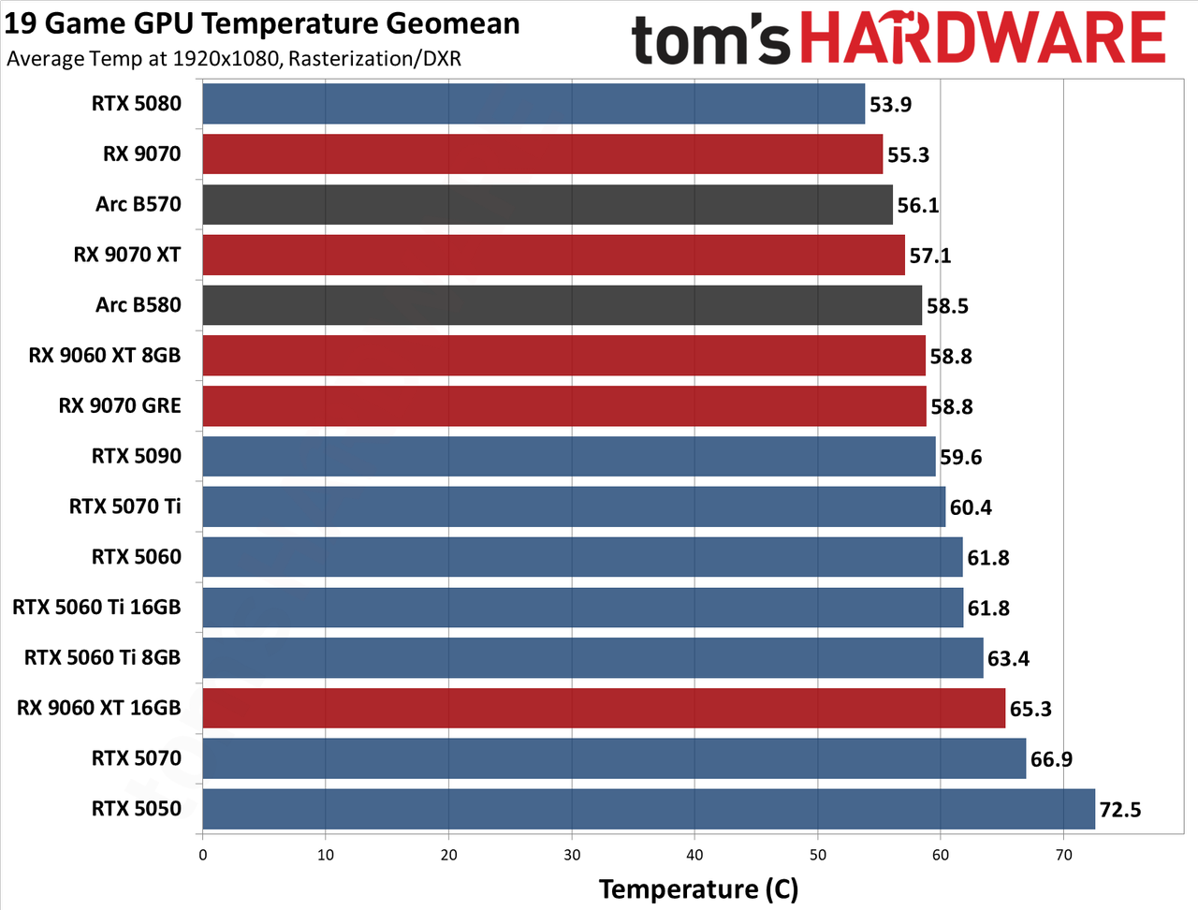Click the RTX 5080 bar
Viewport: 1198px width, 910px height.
pos(533,104)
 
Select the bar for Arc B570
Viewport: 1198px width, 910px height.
pos(548,205)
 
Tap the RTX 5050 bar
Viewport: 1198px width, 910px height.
pos(649,809)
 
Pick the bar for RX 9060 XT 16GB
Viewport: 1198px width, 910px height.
pos(604,708)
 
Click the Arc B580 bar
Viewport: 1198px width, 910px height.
pos(562,305)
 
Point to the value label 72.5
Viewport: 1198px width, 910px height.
pos(1120,810)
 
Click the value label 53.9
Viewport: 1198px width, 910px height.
pos(890,104)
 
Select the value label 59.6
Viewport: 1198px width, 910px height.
pos(960,457)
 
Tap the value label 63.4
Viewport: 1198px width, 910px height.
pos(1008,658)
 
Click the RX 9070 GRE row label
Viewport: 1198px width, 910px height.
pos(120,405)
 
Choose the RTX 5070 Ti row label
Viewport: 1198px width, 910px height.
pos(124,506)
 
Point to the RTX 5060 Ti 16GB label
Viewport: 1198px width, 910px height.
pos(96,607)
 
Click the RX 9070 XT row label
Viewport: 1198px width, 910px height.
pos(126,255)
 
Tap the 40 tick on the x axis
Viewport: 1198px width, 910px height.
pos(694,855)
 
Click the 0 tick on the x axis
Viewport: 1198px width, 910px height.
pos(202,855)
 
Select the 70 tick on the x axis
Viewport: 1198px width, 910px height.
pos(1064,855)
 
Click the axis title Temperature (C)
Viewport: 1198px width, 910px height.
pos(698,889)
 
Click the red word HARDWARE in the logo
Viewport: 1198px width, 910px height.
pos(984,38)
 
